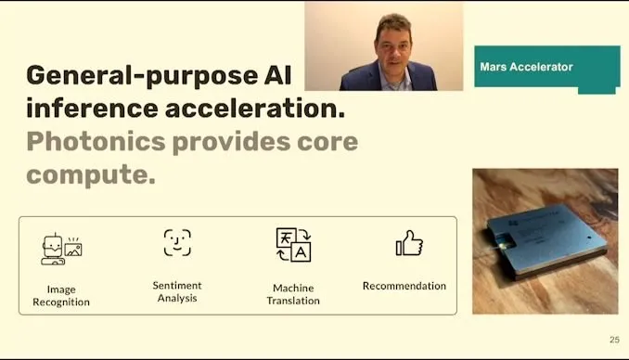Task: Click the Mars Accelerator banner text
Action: (526, 67)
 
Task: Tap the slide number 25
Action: (614, 340)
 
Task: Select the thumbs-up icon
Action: (409, 243)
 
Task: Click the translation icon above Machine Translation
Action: (294, 245)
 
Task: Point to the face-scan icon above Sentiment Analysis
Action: (177, 242)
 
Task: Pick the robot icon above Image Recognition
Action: (61, 250)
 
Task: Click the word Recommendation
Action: (404, 286)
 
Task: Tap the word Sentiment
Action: (177, 286)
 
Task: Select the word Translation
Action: (293, 301)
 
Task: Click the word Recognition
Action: (61, 302)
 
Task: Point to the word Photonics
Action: (96, 141)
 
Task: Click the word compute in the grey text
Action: (91, 174)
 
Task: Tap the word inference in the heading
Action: (92, 109)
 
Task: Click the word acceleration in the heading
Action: (255, 109)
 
